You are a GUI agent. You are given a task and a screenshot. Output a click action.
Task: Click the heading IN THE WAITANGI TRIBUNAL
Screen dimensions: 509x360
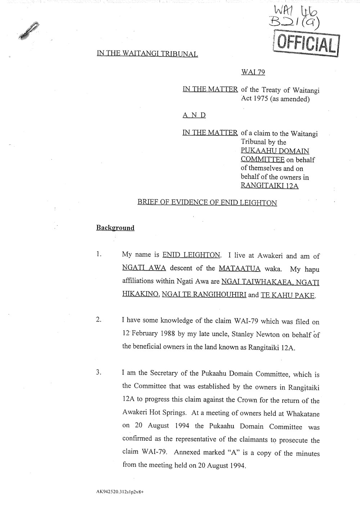(x=147, y=54)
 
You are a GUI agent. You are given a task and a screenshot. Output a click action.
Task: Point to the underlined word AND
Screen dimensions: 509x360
(x=194, y=115)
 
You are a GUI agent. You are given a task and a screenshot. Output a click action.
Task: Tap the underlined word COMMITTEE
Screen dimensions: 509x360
(x=262, y=159)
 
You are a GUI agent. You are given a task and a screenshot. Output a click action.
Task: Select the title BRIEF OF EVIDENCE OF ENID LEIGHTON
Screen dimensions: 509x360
(x=207, y=203)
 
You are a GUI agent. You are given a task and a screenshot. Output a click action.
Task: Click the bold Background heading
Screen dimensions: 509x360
(x=115, y=228)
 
